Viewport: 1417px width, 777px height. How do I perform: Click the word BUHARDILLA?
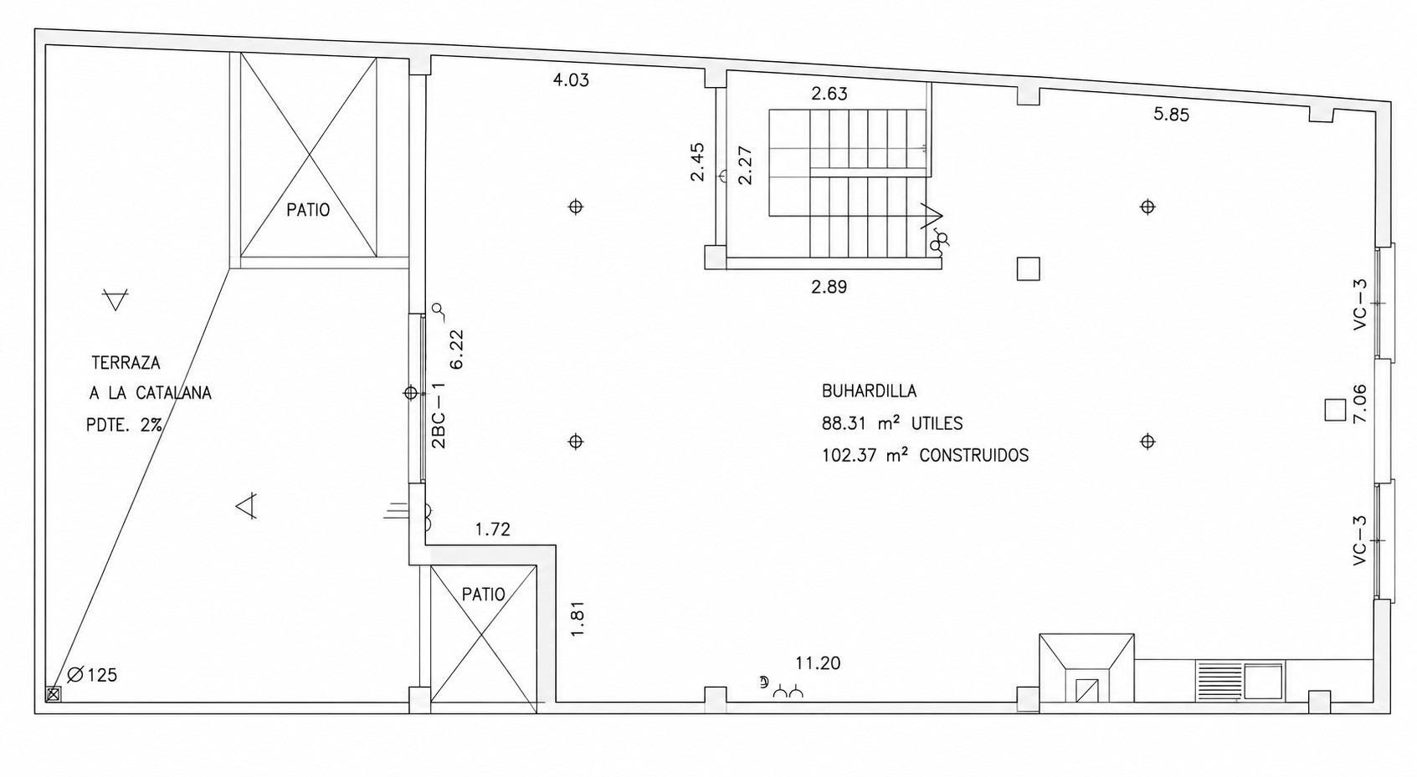point(869,391)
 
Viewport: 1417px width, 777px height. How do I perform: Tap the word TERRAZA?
point(126,363)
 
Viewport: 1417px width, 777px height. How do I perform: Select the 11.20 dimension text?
point(818,663)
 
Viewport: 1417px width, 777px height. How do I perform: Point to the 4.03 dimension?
point(571,80)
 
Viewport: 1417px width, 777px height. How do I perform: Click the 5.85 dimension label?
point(1171,115)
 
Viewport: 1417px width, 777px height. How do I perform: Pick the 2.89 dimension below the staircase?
point(829,287)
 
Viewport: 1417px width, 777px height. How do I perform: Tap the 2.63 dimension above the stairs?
point(829,94)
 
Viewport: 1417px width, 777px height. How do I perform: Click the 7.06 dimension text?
point(1358,403)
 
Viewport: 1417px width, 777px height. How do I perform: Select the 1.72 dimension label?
point(492,529)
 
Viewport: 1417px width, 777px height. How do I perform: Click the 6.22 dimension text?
point(456,349)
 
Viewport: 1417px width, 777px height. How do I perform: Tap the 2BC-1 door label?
point(438,415)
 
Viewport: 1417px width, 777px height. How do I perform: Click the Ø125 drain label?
point(92,675)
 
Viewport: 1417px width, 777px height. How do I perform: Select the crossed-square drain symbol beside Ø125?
point(54,695)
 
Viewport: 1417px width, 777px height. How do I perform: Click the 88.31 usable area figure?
point(843,423)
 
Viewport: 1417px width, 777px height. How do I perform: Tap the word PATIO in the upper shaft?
point(308,210)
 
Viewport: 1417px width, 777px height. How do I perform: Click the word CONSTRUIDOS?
point(973,455)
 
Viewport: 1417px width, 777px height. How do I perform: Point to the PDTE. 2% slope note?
point(124,424)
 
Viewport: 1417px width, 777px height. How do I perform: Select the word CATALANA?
point(173,393)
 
